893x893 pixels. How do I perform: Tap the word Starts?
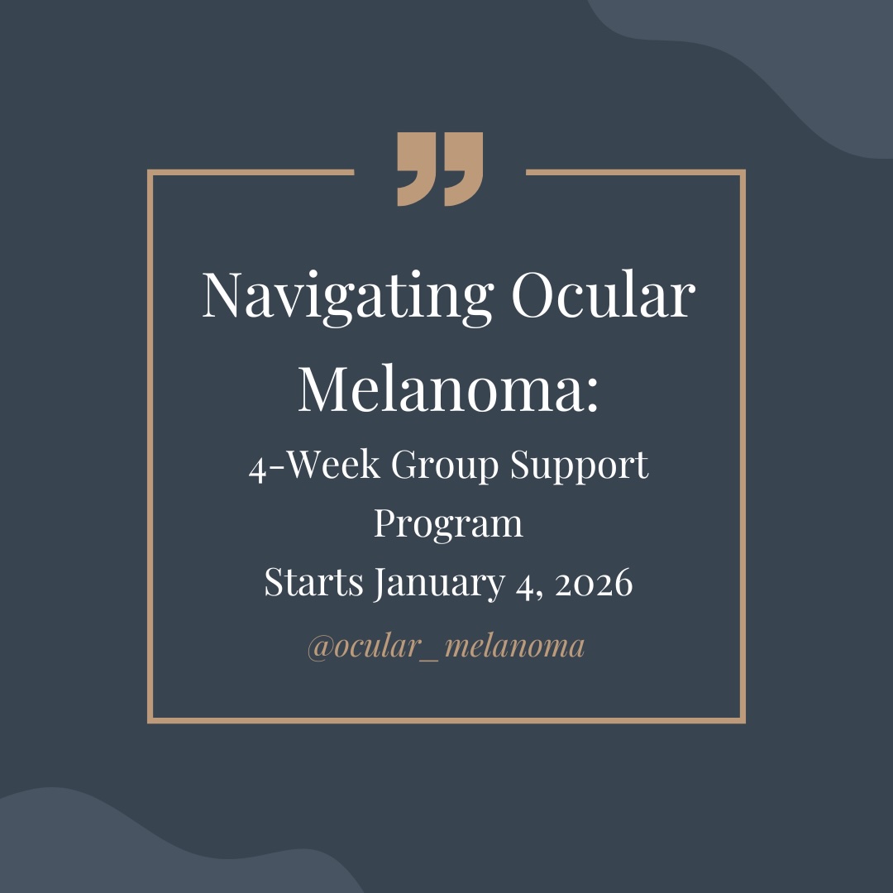(313, 583)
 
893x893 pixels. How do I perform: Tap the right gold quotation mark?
(465, 169)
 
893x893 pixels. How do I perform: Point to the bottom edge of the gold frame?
(446, 720)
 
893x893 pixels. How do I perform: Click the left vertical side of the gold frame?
(150, 446)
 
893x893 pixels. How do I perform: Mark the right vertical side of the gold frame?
(743, 446)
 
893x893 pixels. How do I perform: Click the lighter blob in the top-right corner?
(794, 58)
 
